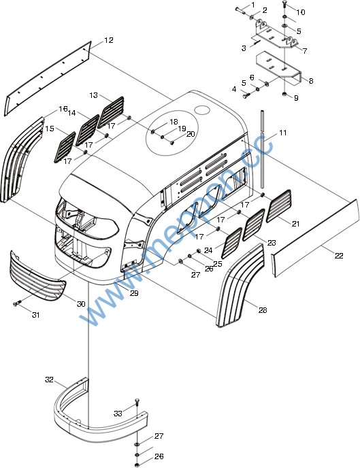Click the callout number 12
pos(109,40)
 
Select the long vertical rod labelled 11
pos(262,149)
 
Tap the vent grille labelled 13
pos(111,112)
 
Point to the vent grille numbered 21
pos(279,206)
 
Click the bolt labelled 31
pos(17,303)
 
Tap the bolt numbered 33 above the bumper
pos(137,402)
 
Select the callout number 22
pos(339,256)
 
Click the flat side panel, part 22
pos(315,238)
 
